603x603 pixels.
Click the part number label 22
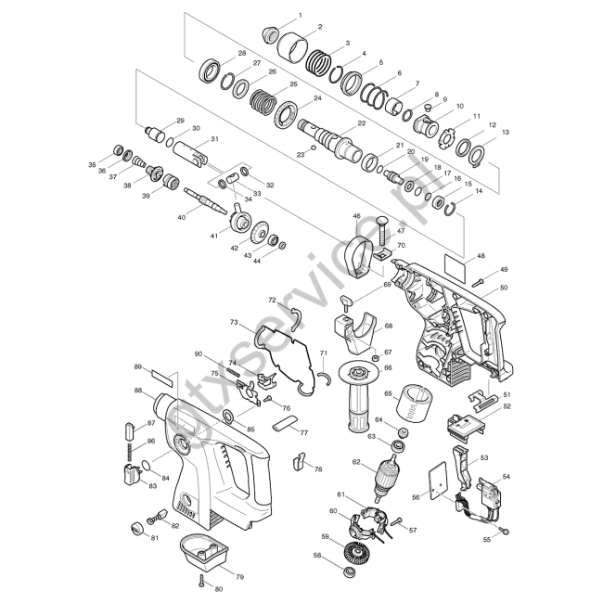[x=362, y=123]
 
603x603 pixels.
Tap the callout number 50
[x=504, y=288]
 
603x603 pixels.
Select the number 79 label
[x=239, y=576]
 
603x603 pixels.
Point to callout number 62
[x=356, y=461]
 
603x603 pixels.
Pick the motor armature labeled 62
[x=387, y=478]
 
